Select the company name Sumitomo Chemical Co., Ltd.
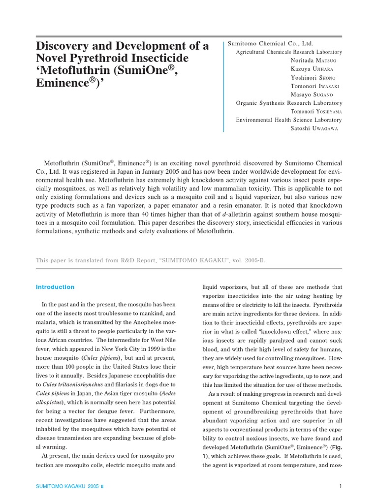click(x=271, y=43)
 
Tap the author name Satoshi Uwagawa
click(x=315, y=128)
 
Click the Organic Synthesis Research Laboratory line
click(x=289, y=103)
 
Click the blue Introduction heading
click(x=56, y=287)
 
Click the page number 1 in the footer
click(x=340, y=487)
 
